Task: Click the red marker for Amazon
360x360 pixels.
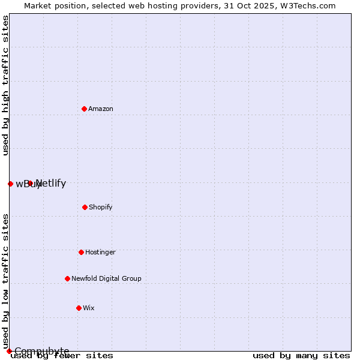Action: pos(84,109)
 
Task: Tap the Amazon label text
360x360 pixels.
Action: pos(101,109)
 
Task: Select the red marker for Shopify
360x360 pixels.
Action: pos(85,207)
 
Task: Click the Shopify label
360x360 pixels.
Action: pos(101,207)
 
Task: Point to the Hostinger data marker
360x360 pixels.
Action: pos(81,252)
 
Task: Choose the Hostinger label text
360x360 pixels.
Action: pos(100,252)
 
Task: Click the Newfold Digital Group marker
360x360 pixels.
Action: pos(67,278)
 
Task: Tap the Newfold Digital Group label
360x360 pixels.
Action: pos(106,278)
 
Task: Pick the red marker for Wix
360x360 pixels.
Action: pos(79,308)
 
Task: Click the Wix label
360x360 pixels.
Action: pos(89,308)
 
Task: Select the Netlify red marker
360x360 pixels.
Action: pos(30,183)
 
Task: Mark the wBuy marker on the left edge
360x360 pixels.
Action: pos(10,184)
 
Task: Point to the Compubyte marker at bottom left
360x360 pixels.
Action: pos(9,351)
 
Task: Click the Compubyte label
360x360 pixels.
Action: pos(42,351)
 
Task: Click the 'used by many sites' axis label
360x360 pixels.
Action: pos(301,355)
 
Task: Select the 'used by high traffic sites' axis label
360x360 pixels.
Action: pos(5,85)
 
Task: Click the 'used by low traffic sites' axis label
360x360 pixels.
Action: pos(5,281)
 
